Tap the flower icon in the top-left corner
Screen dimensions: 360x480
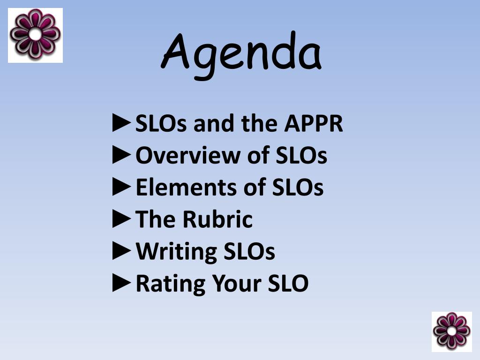35,35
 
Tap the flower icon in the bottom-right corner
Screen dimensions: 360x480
451,331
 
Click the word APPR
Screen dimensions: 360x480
314,124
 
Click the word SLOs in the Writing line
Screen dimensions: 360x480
249,252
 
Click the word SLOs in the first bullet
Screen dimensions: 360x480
162,124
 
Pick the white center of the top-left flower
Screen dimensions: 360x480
35,34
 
